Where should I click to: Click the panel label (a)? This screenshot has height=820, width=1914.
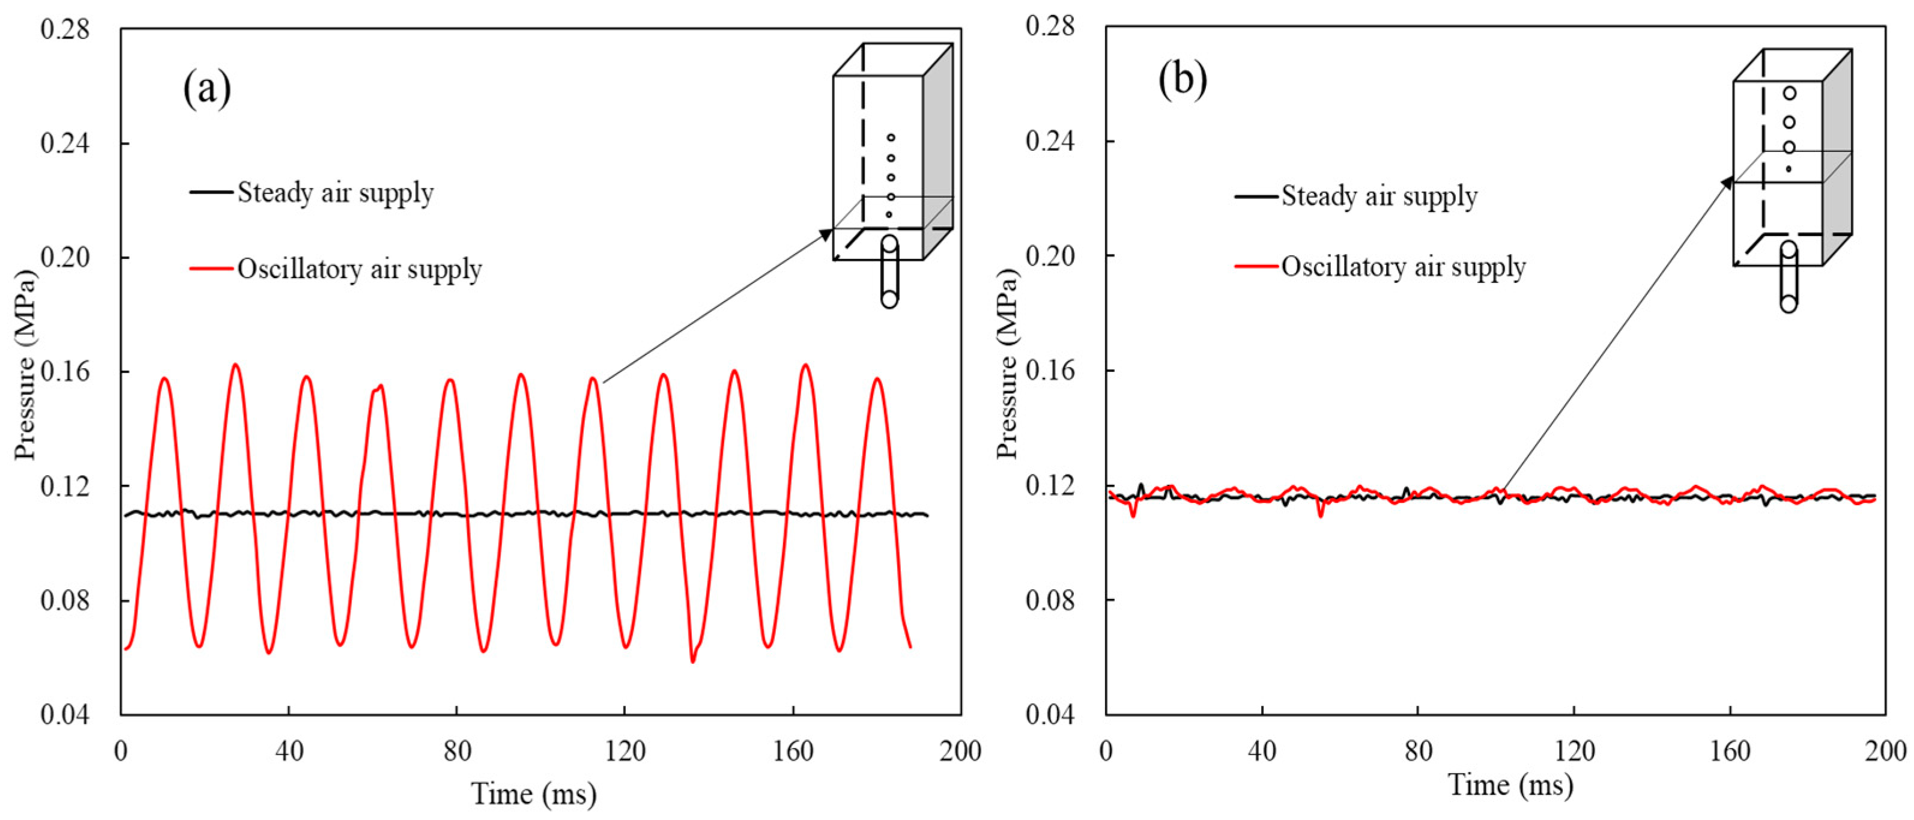207,90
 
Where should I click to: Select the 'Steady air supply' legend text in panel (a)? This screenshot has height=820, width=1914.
335,193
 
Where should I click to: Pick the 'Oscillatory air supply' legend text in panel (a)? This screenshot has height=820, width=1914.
360,269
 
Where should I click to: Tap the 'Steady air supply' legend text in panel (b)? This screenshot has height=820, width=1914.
1379,196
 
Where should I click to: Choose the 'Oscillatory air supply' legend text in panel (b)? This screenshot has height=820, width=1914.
1403,267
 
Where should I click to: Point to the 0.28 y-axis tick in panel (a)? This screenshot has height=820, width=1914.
65,30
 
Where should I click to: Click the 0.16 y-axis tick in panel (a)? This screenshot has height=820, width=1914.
65,372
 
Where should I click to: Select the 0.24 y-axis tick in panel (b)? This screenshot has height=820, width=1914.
1050,141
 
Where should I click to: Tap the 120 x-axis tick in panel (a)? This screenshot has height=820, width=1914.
625,750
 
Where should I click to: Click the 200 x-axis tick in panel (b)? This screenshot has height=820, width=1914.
1885,750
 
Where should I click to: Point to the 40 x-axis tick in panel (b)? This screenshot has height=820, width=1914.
1262,750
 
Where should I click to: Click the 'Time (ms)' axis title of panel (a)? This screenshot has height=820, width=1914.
533,795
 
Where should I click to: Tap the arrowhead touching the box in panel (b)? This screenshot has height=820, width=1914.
1727,182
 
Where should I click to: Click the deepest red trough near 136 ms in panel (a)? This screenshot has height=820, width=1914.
692,661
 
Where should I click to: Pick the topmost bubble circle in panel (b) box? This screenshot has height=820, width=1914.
1789,94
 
